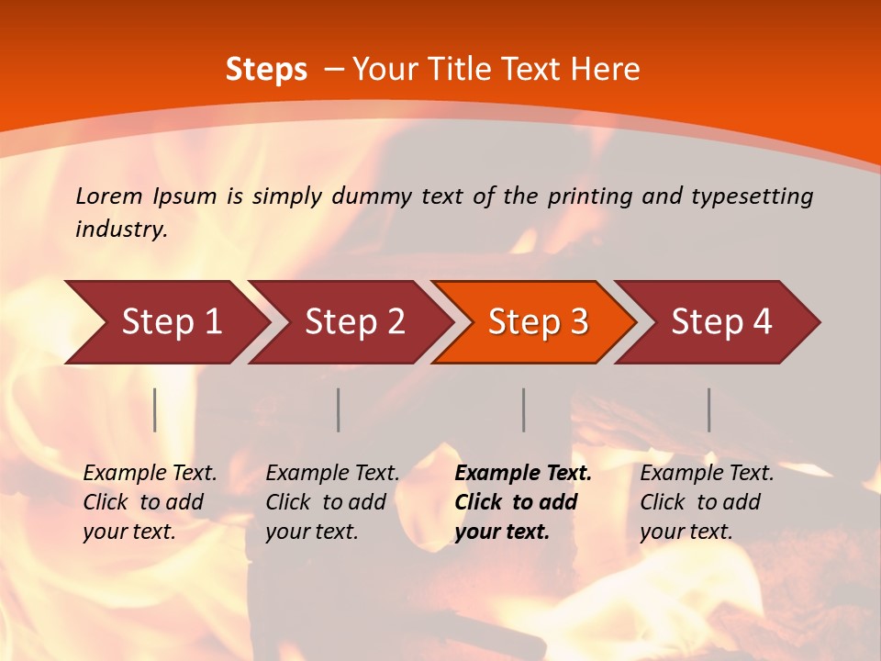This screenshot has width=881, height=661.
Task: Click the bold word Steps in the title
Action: [266, 70]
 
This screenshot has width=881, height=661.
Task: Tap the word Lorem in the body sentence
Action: [108, 196]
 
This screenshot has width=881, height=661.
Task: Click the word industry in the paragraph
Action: [120, 230]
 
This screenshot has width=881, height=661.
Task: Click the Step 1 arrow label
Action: [172, 322]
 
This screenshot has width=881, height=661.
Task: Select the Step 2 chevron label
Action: [354, 322]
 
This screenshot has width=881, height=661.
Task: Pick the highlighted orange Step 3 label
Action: [538, 322]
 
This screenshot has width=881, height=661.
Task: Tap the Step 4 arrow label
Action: [721, 322]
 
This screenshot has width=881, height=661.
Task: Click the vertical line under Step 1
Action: [155, 409]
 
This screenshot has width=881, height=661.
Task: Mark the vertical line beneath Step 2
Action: [339, 409]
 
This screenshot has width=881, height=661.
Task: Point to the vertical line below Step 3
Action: [524, 409]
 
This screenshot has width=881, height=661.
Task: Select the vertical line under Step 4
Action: [709, 409]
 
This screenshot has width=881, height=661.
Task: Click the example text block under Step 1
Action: [150, 502]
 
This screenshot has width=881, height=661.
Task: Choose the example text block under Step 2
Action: [332, 502]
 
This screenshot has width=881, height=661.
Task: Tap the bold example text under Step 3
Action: [523, 502]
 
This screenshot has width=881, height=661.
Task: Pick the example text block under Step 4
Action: [707, 502]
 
